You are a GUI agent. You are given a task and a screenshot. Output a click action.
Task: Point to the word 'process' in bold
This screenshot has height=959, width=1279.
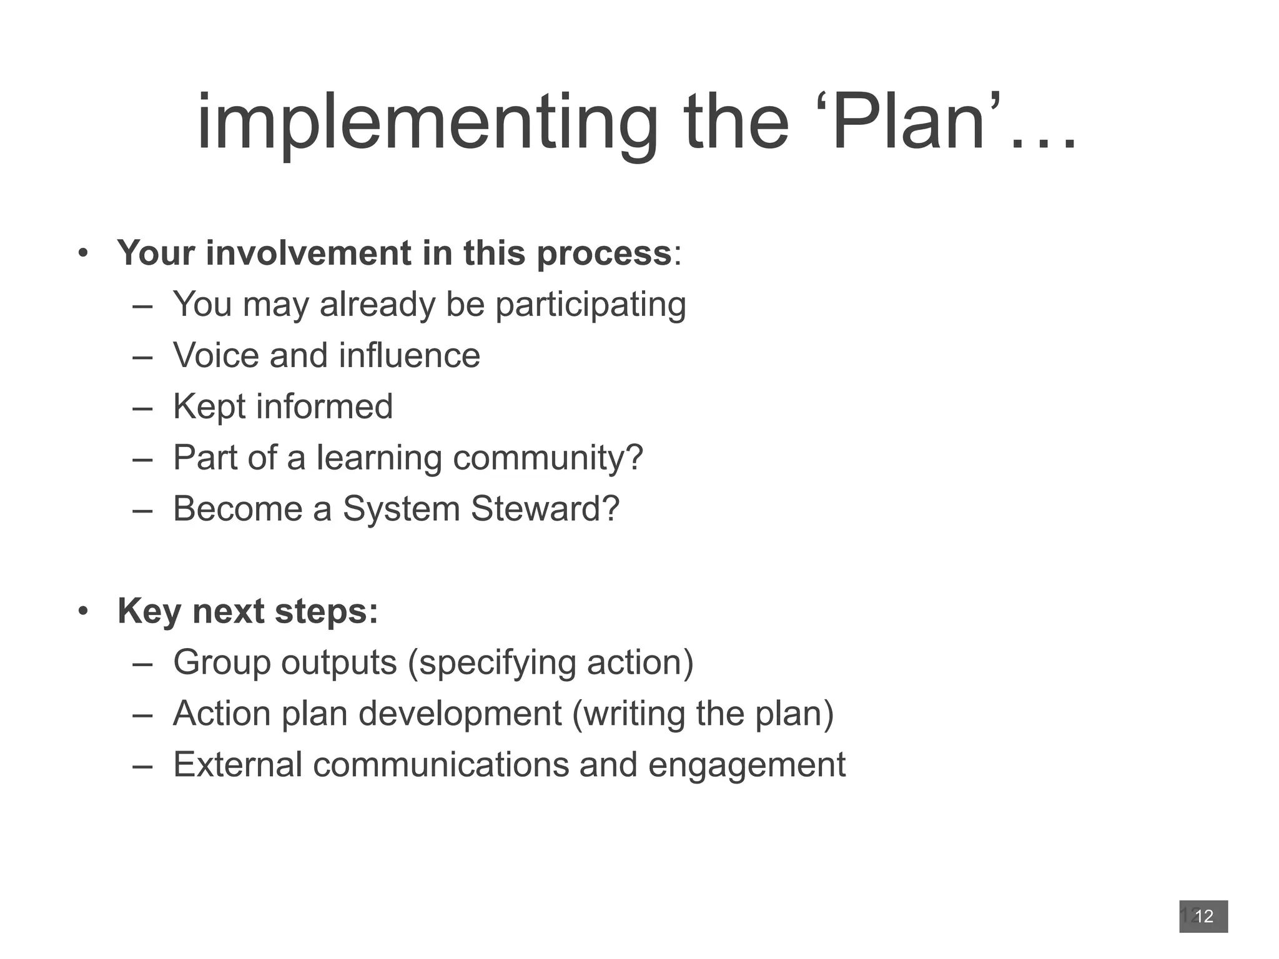pyautogui.click(x=603, y=254)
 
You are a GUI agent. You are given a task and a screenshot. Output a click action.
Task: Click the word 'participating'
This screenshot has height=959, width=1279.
pyautogui.click(x=590, y=305)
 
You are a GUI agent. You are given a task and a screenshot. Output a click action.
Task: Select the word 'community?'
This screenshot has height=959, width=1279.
pyautogui.click(x=548, y=458)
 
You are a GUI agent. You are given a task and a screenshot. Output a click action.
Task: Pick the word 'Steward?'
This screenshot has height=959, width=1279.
pyautogui.click(x=545, y=508)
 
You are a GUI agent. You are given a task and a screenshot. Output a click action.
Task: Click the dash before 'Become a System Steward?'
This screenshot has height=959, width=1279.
pyautogui.click(x=142, y=509)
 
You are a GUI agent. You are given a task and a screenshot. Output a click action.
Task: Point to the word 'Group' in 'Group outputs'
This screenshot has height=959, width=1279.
pyautogui.click(x=221, y=662)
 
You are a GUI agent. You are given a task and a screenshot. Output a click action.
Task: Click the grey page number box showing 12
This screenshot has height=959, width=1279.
pyautogui.click(x=1203, y=916)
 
